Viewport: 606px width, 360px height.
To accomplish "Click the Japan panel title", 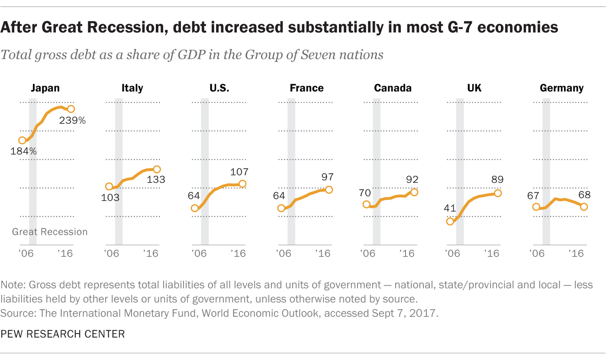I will click(x=45, y=88).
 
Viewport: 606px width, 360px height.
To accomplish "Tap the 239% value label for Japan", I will click(x=72, y=120).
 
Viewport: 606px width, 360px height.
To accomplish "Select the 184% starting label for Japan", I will click(x=24, y=152).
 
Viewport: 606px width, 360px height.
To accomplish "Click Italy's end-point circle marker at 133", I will click(x=157, y=169).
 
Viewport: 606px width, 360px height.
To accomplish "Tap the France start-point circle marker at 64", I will click(x=281, y=208).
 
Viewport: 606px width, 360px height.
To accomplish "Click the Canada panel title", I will click(x=393, y=88).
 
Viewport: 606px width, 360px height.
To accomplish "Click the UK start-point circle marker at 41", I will click(x=450, y=221).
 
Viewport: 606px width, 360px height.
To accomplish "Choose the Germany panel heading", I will click(x=561, y=88).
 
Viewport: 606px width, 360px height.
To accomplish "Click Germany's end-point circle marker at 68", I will click(x=584, y=207).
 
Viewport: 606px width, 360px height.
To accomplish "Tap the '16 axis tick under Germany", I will click(x=578, y=253).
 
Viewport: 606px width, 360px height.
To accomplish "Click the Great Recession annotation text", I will click(x=50, y=232).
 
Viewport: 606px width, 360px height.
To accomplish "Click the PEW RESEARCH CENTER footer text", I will click(x=63, y=334).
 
